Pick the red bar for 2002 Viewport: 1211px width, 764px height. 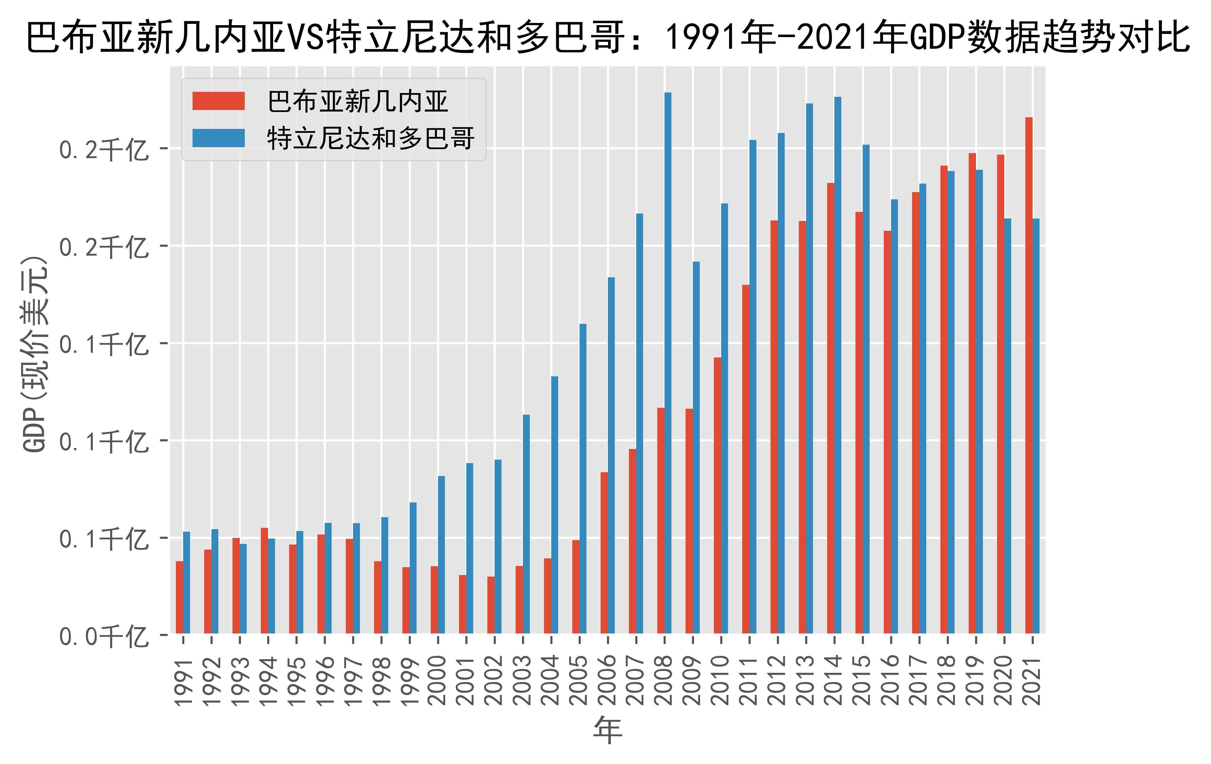point(491,605)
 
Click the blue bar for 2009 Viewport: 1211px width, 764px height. point(696,447)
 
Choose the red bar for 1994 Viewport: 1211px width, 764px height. point(265,580)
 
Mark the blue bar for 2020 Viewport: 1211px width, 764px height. point(1007,426)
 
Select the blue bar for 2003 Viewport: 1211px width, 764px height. point(526,524)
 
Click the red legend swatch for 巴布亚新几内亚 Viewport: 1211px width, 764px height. point(218,101)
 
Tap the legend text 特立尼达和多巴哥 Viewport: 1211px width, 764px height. point(371,138)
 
